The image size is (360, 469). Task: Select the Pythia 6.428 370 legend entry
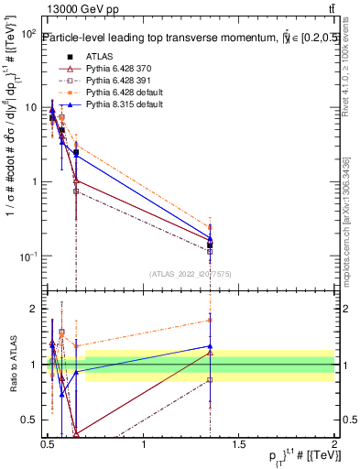[x=107, y=69]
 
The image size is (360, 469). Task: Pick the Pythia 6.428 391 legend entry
[x=107, y=81]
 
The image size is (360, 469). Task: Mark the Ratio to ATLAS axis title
[x=12, y=364]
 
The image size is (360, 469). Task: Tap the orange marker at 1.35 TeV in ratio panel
[x=210, y=321]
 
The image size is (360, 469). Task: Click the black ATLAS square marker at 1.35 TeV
[x=210, y=245]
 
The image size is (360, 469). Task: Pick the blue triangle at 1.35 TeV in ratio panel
[x=210, y=346]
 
